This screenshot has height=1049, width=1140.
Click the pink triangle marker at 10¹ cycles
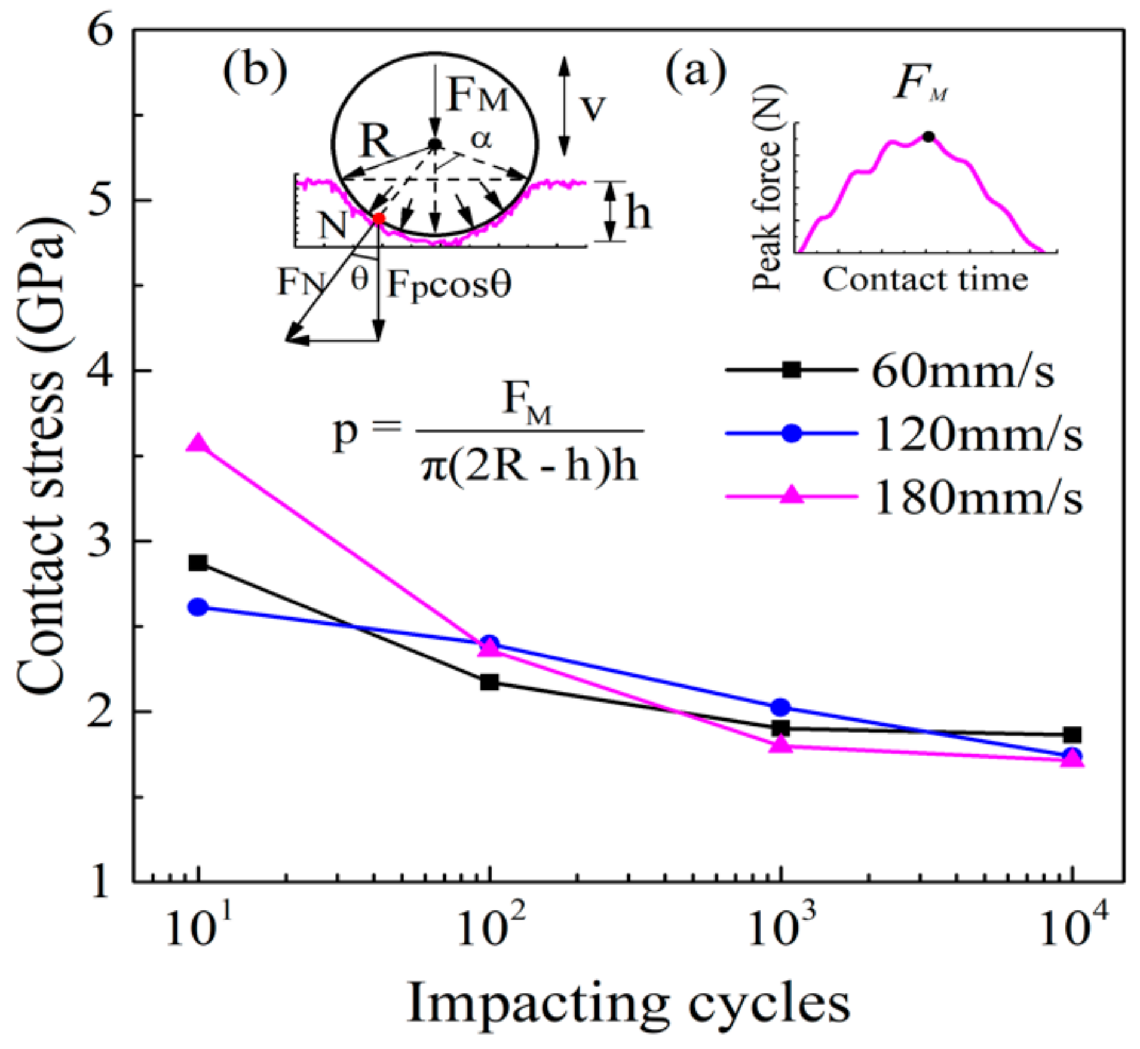pyautogui.click(x=198, y=444)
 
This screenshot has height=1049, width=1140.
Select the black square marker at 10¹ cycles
pyautogui.click(x=198, y=563)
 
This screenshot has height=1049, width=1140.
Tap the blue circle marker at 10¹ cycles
pyautogui.click(x=198, y=607)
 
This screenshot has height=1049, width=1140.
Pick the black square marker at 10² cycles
pyautogui.click(x=489, y=682)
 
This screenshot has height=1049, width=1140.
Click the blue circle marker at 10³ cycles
pyautogui.click(x=780, y=708)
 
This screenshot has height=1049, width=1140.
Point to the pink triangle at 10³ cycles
pyautogui.click(x=780, y=745)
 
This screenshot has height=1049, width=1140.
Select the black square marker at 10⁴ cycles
pyautogui.click(x=1072, y=735)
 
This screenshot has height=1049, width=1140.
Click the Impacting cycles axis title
pyautogui.click(x=627, y=1004)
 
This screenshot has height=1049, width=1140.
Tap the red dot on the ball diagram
pyautogui.click(x=378, y=219)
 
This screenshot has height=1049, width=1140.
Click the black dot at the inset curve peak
pyautogui.click(x=928, y=137)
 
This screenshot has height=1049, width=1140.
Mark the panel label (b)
pyautogui.click(x=255, y=70)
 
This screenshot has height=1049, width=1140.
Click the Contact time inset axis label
pyautogui.click(x=926, y=279)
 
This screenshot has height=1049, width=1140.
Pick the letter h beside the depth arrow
pyautogui.click(x=638, y=213)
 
